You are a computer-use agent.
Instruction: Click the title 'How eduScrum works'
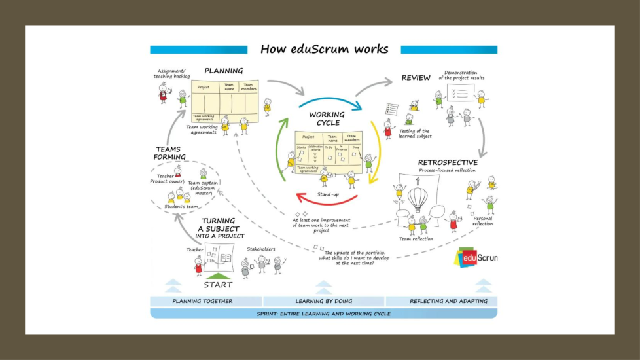coord(324,50)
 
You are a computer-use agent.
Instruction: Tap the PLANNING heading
coord(223,71)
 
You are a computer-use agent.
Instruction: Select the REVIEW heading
coord(416,78)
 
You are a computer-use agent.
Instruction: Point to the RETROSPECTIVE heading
coord(448,162)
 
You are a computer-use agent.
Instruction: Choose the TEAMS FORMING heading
coord(170,153)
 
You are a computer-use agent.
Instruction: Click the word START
coord(218,285)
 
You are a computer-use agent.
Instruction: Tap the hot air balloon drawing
coord(418,198)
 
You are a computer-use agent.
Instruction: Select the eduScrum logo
coord(476,257)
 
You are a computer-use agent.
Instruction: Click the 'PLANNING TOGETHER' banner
coord(202,302)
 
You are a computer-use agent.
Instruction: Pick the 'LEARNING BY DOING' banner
coord(325,302)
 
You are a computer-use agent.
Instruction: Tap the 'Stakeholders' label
coord(260,249)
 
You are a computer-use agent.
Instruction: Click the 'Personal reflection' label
coord(482,221)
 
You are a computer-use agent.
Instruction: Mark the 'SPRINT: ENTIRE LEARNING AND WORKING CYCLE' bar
coord(323,314)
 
